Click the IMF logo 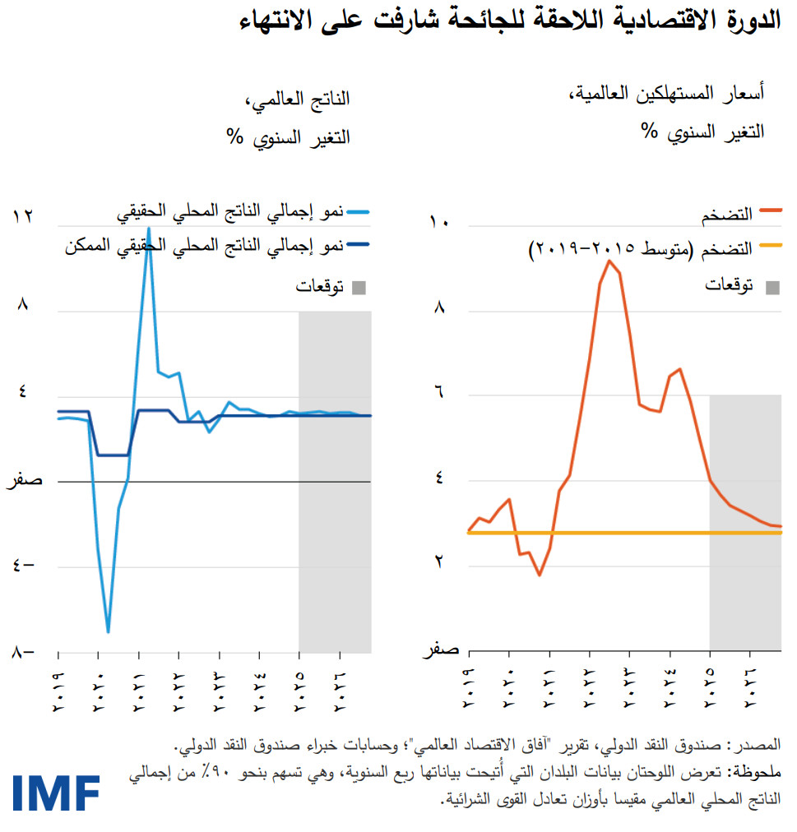pyautogui.click(x=56, y=792)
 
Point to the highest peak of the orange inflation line pyautogui.click(x=609, y=261)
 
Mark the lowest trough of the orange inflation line pyautogui.click(x=540, y=575)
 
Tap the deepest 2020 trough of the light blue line pyautogui.click(x=108, y=631)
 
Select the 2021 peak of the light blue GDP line pyautogui.click(x=149, y=228)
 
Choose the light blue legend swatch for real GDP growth pyautogui.click(x=359, y=212)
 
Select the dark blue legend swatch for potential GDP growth pyautogui.click(x=359, y=244)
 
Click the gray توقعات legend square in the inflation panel pyautogui.click(x=772, y=287)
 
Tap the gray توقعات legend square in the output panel pyautogui.click(x=359, y=287)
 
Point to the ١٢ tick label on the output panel pyautogui.click(x=22, y=216)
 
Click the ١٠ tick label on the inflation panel pyautogui.click(x=439, y=221)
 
